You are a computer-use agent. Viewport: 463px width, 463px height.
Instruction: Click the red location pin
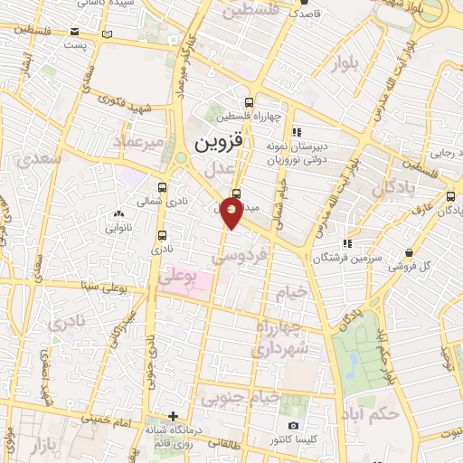tap(232, 214)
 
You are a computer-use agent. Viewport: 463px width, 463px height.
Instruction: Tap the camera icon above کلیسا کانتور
tap(293, 426)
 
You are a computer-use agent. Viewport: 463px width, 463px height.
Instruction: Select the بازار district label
tap(38, 449)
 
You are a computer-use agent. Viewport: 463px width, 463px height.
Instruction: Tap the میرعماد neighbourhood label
tap(138, 141)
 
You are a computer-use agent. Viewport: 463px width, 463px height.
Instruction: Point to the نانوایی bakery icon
tap(118, 213)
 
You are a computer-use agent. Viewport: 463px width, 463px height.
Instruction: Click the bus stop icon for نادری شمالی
tap(163, 203)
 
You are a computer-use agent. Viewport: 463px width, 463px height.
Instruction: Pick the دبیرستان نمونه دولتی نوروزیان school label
tap(299, 151)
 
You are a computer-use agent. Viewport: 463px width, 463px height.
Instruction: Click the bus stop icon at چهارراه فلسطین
tap(250, 101)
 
